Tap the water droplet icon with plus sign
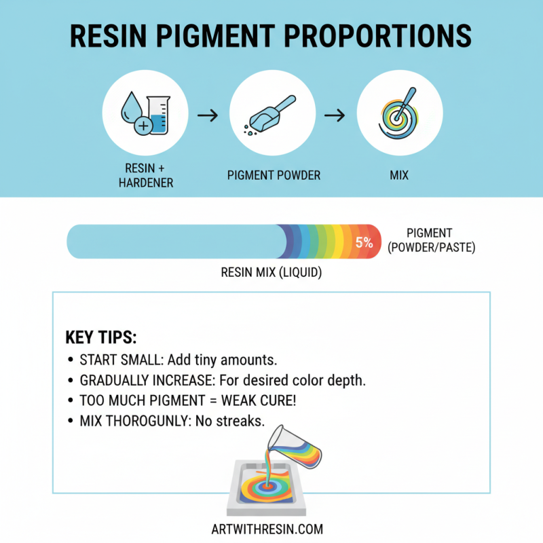(x=132, y=114)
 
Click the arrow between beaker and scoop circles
(x=207, y=116)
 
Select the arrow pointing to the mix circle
(x=334, y=116)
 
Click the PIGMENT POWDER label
(x=274, y=175)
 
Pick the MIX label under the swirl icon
(x=399, y=175)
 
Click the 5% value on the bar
(x=364, y=241)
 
